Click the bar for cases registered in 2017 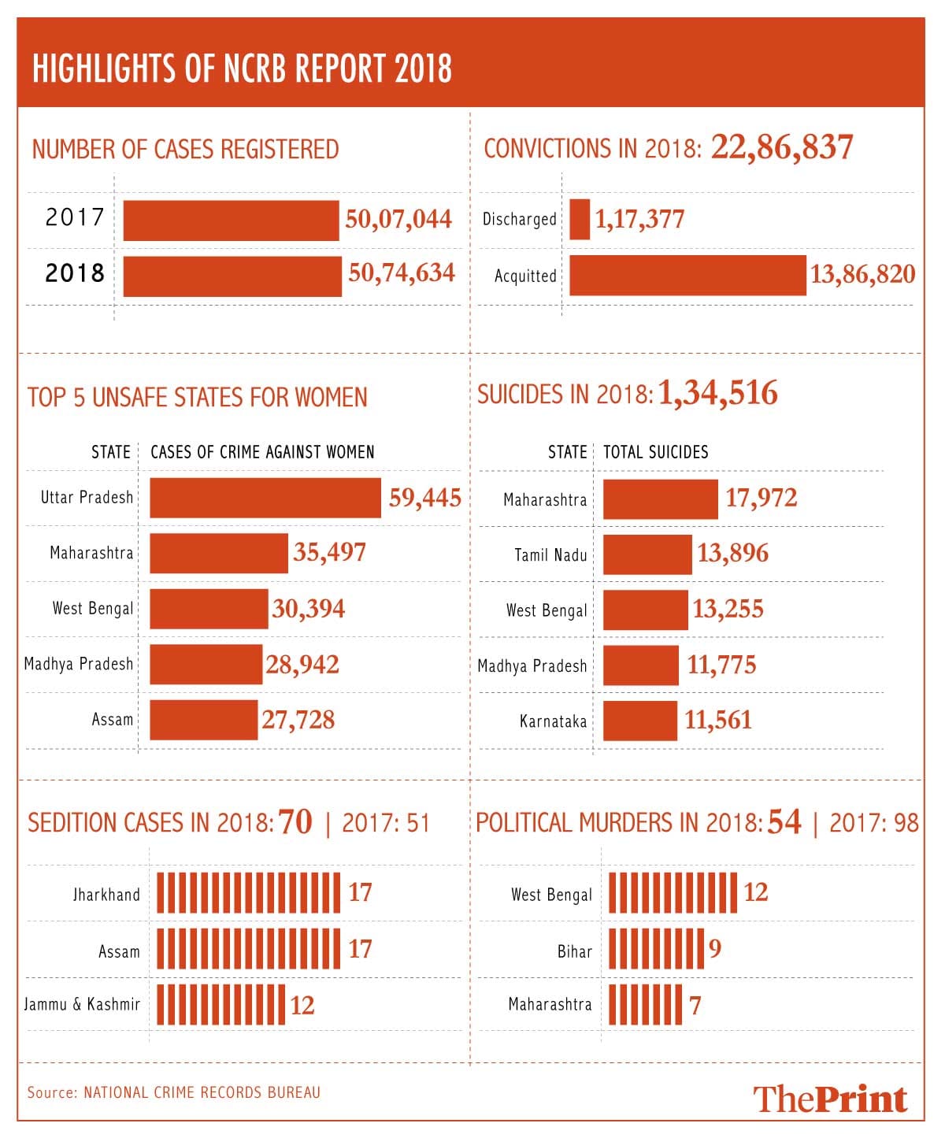(231, 221)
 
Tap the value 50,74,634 (402, 273)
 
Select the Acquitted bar (687, 276)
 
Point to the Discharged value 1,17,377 (639, 219)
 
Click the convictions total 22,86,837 (782, 147)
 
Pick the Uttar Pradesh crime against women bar (265, 498)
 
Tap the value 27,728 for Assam (298, 720)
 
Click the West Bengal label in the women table (93, 608)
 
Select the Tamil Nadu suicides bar (647, 554)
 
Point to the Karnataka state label (553, 721)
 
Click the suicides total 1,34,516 (717, 393)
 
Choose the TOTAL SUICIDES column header (656, 452)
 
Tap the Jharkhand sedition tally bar (248, 892)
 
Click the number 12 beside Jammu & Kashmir (302, 1006)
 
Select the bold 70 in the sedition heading (295, 822)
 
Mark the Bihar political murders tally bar (656, 949)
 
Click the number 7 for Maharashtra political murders (695, 1006)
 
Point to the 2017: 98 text (874, 823)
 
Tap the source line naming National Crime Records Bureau (174, 1092)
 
